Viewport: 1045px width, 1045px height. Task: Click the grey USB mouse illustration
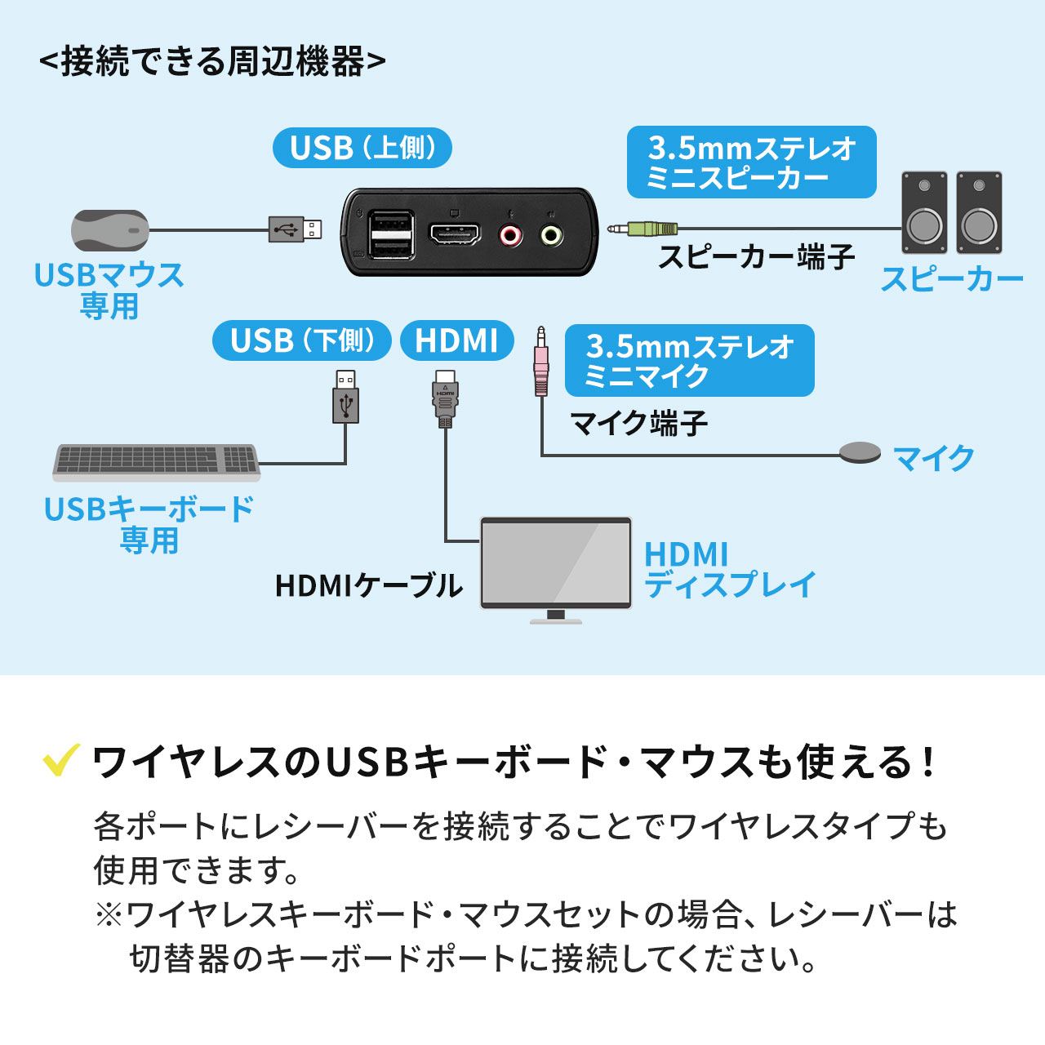pyautogui.click(x=110, y=230)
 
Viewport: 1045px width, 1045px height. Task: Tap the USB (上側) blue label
pyautogui.click(x=362, y=149)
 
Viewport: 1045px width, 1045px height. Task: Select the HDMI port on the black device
pyautogui.click(x=455, y=235)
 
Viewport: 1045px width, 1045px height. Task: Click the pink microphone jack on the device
pyautogui.click(x=511, y=236)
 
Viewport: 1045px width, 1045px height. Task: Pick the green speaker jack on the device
pyautogui.click(x=552, y=236)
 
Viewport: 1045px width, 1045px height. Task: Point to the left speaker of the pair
pyautogui.click(x=924, y=213)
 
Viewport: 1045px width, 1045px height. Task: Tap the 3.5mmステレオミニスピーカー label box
pyautogui.click(x=751, y=162)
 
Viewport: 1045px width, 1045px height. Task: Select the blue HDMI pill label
pyautogui.click(x=456, y=340)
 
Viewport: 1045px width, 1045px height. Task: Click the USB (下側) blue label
pyautogui.click(x=301, y=340)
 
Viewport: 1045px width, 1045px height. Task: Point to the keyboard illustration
pyautogui.click(x=156, y=461)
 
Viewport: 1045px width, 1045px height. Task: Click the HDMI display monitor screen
pyautogui.click(x=556, y=563)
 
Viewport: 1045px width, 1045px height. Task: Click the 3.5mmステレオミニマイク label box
pyautogui.click(x=689, y=361)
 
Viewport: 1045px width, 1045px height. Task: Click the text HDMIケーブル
pyautogui.click(x=368, y=585)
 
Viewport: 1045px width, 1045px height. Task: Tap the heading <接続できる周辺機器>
pyautogui.click(x=212, y=61)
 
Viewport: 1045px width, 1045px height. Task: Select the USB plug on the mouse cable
pyautogui.click(x=295, y=229)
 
